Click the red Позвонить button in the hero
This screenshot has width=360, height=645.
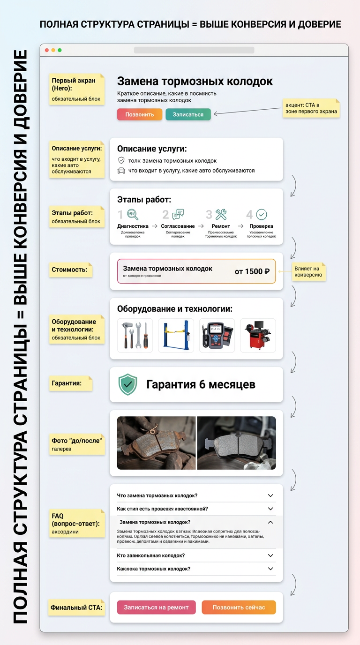140,114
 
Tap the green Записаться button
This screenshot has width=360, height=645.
188,114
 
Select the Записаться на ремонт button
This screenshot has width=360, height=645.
156,607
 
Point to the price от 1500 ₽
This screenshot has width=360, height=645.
252,271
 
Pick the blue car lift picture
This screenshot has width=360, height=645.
176,336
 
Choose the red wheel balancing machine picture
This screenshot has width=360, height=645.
258,336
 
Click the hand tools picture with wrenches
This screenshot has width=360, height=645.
135,336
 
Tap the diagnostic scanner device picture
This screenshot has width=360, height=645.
217,336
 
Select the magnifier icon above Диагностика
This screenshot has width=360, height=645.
133,215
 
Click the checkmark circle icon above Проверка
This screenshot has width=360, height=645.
262,215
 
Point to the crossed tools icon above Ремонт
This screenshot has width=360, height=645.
221,215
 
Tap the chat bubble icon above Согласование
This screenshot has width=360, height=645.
178,215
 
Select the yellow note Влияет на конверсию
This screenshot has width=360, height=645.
308,271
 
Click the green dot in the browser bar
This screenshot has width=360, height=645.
60,50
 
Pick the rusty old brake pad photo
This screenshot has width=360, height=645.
156,443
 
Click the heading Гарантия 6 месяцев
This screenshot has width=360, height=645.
201,384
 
